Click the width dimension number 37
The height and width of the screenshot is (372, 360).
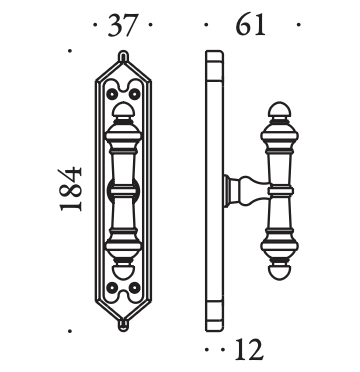point(123,25)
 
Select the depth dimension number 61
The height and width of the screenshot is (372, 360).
point(250,25)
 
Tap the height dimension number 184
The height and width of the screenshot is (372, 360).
point(71,190)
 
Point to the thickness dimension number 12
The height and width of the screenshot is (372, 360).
point(249,349)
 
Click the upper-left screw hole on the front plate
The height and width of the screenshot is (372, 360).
point(112,94)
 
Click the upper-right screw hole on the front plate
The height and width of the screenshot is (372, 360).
point(134,94)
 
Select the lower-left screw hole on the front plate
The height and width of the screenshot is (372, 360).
point(112,287)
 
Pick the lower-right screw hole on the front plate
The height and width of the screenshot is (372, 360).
point(134,287)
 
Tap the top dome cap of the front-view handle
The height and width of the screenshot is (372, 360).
point(123,110)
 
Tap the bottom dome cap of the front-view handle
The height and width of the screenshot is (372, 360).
point(123,272)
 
